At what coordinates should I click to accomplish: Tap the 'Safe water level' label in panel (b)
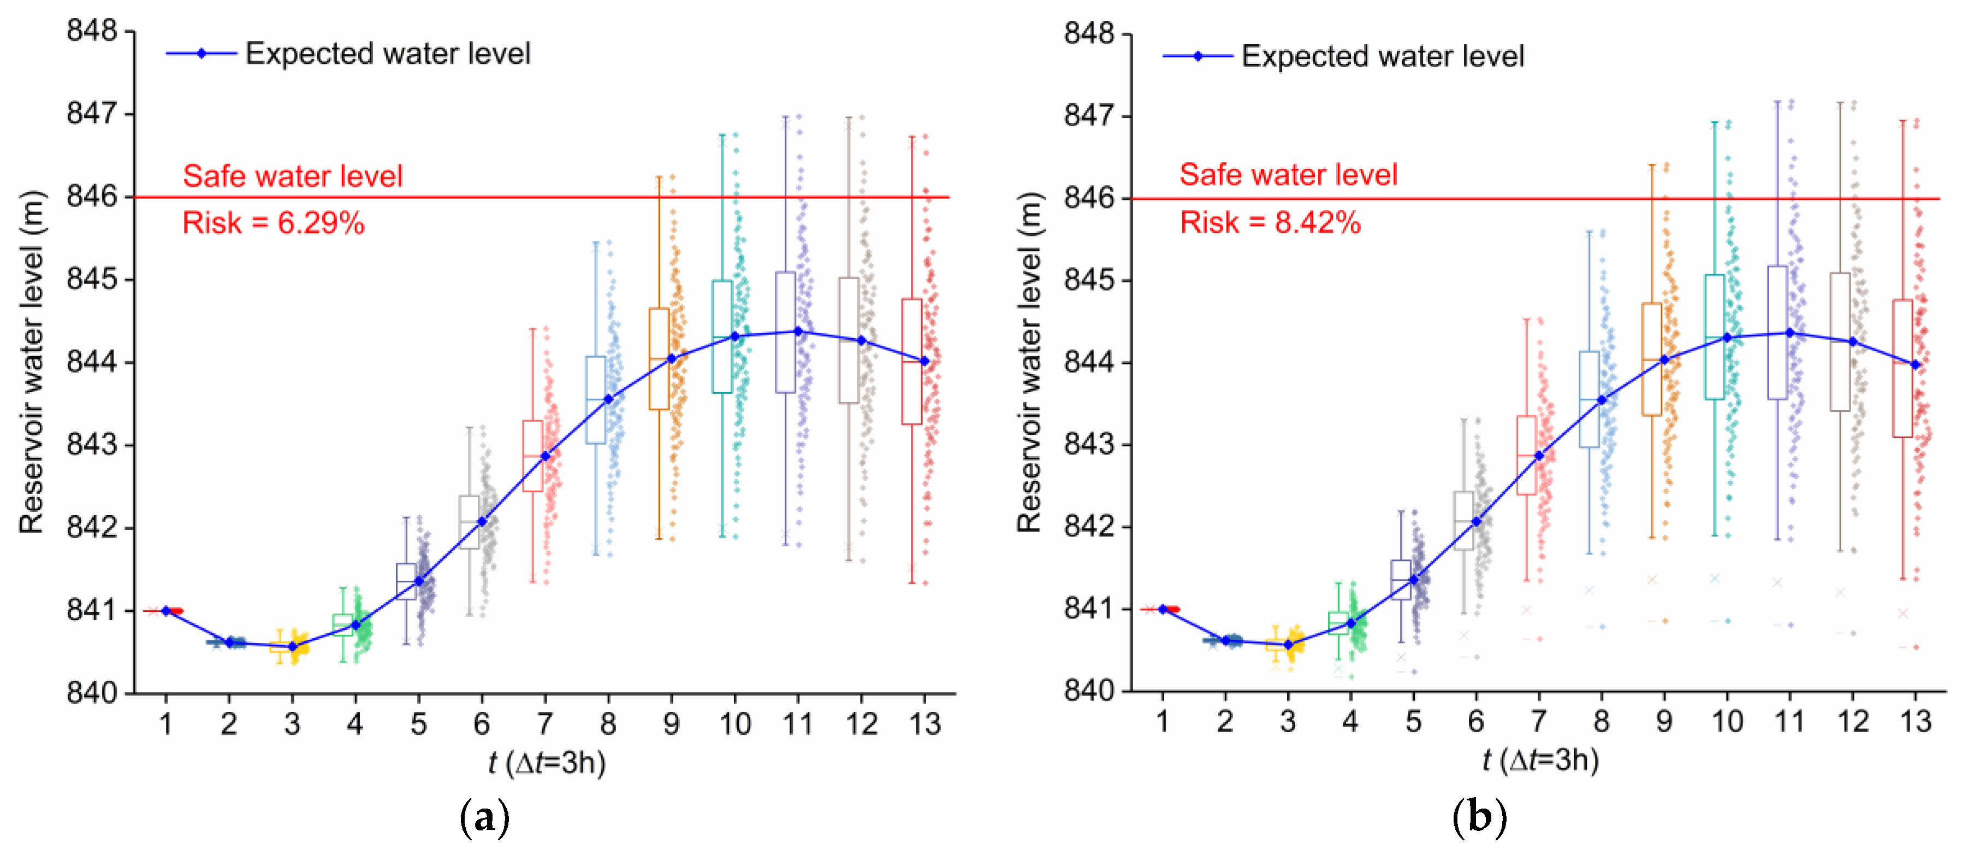[1288, 174]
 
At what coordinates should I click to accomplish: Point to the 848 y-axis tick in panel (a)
[92, 31]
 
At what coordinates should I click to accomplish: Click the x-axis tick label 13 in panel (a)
[924, 723]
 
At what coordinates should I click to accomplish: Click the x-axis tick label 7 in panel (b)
[1539, 721]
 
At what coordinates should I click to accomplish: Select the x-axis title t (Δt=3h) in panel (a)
[547, 763]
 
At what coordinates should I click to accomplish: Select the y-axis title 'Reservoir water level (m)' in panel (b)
[1029, 362]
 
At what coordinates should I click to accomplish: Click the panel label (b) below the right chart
[1479, 817]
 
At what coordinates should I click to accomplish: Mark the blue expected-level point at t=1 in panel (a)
[166, 610]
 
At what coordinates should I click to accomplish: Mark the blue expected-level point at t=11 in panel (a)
[798, 331]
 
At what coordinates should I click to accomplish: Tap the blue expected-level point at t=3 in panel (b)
[1288, 645]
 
